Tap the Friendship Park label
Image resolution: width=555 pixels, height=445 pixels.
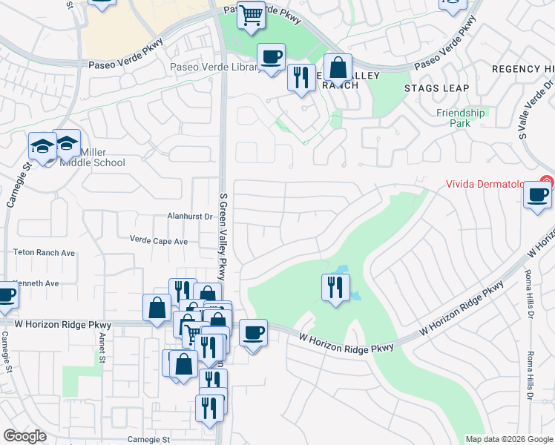[460, 118]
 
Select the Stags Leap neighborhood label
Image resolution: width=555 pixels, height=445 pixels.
[436, 88]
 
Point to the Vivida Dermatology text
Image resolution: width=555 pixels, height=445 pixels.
[490, 185]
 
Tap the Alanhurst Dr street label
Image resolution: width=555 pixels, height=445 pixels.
[189, 217]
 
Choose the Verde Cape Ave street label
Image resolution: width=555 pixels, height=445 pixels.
[159, 241]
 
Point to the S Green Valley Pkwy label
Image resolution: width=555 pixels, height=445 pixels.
[221, 232]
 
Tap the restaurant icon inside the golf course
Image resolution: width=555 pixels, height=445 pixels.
[335, 286]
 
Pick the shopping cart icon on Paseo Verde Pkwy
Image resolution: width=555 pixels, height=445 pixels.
[252, 14]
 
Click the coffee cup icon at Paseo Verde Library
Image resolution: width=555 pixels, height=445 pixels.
[271, 57]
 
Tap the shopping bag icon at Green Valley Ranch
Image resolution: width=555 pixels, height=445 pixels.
[338, 68]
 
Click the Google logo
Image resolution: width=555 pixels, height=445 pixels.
[25, 436]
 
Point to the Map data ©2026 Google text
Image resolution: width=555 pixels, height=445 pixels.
[509, 439]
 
